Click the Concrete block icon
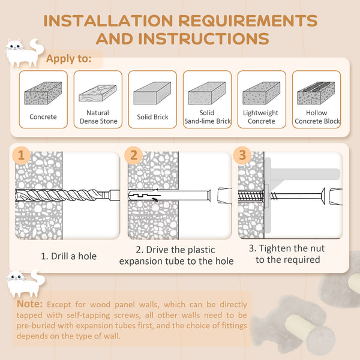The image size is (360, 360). click(43, 94)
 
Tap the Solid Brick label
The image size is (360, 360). click(152, 117)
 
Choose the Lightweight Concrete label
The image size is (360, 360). click(261, 116)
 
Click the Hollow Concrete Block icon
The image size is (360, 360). click(317, 93)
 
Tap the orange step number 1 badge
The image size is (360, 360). click(22, 155)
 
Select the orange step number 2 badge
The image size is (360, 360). click(134, 155)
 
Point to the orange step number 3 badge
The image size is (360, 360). click(242, 155)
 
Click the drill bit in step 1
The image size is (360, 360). click(60, 196)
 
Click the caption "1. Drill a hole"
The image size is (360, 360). click(68, 256)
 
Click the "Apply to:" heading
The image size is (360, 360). click(69, 59)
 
